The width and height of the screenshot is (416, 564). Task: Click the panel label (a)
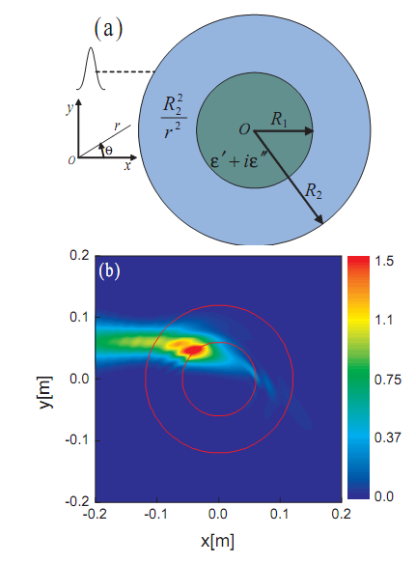coord(108,29)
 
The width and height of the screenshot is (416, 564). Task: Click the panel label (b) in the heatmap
coord(109,270)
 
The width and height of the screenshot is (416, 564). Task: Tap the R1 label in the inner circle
coord(279,119)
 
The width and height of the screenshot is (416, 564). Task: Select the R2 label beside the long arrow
coord(313,191)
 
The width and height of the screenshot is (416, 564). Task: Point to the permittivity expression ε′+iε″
coord(237,161)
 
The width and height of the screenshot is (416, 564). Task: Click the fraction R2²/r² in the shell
coord(174,117)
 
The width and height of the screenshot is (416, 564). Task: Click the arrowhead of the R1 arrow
coord(309,131)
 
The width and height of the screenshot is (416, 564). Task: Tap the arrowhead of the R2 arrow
coord(319,218)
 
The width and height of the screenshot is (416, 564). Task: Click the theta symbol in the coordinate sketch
coord(108,150)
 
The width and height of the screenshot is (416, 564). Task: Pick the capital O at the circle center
coord(244,129)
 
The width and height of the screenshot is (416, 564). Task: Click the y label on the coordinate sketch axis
coord(69,107)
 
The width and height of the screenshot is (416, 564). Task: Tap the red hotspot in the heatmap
coord(195,350)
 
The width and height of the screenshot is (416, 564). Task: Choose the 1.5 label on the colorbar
coord(384,261)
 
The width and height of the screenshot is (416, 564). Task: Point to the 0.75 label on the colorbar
coord(388,380)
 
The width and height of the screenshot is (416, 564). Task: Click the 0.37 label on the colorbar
coord(388,437)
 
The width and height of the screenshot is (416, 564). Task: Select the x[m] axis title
coord(217,541)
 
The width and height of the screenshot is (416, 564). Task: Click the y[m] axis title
coord(46,392)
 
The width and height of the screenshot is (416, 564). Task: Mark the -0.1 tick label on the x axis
coord(155,514)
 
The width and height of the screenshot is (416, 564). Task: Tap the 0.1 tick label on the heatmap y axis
coord(79,318)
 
